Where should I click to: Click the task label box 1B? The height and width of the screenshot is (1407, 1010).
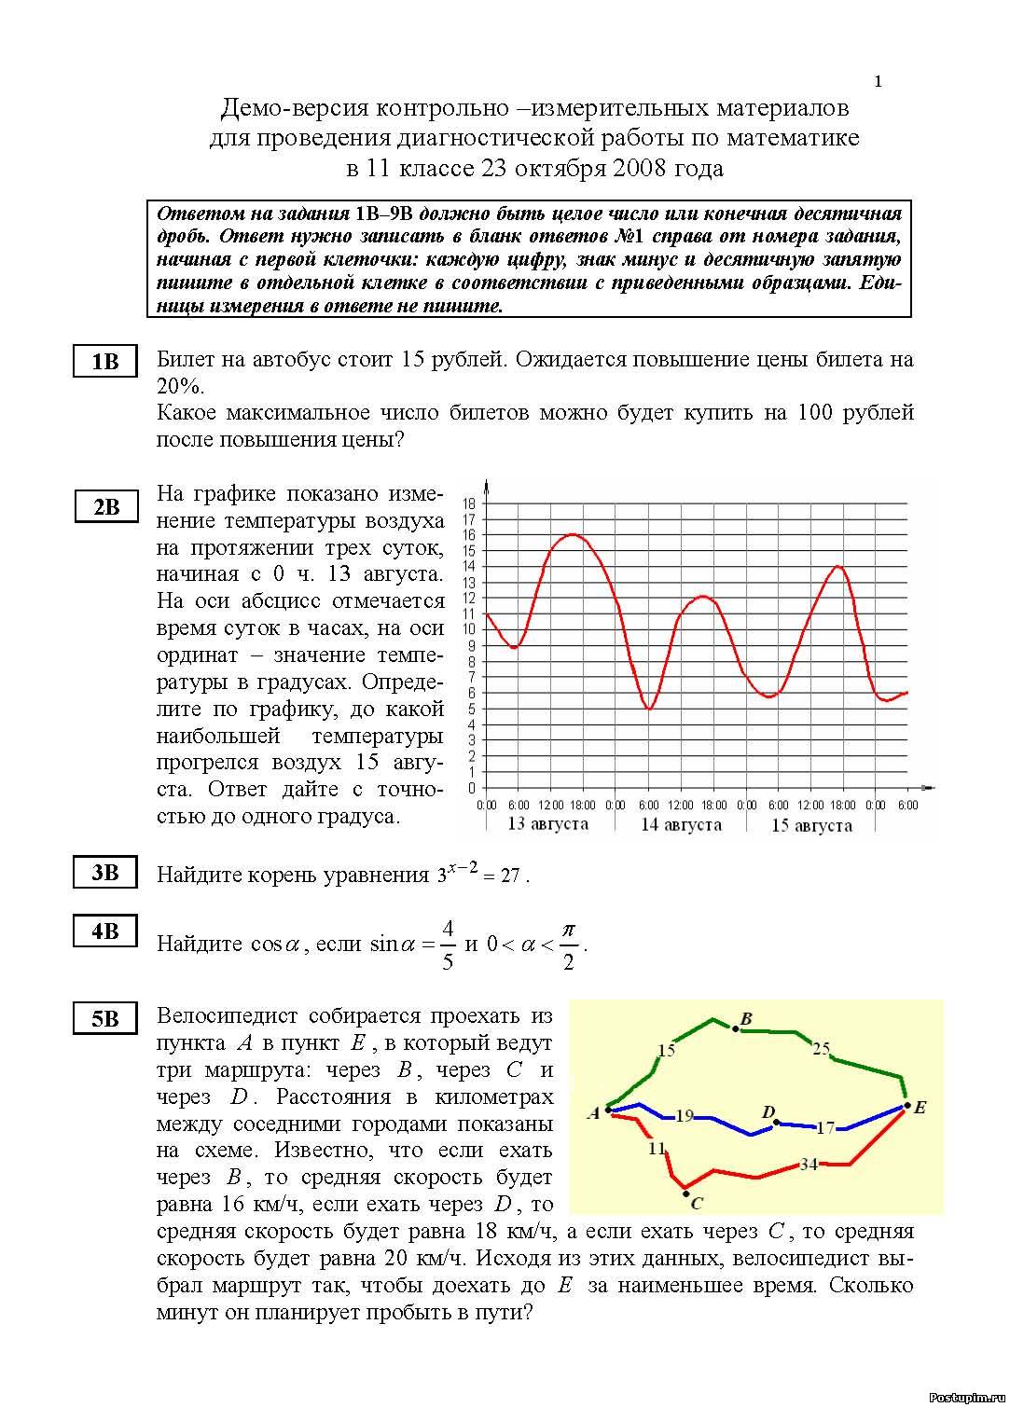(105, 362)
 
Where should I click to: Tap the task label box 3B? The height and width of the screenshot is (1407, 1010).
(105, 873)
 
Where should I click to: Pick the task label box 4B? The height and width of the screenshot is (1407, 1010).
(105, 931)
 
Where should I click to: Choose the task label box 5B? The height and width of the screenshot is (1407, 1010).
(105, 1020)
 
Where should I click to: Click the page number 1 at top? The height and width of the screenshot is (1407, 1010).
(878, 82)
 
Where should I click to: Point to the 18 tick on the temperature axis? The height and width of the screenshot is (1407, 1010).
(469, 503)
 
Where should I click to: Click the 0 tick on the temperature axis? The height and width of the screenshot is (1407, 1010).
(472, 788)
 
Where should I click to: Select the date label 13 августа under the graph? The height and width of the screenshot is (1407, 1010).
(547, 824)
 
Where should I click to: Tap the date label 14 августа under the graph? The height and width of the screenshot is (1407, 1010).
(681, 824)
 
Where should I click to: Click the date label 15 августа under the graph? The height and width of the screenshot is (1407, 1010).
(811, 825)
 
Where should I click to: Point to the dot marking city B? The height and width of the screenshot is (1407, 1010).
(736, 1028)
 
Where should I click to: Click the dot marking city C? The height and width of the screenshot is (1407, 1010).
(685, 1191)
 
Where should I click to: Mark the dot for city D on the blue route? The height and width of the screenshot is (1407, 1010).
(776, 1123)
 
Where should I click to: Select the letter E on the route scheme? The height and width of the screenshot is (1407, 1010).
(920, 1109)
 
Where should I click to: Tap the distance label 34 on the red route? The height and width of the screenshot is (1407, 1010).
(809, 1164)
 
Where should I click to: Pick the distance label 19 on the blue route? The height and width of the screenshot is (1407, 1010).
(685, 1115)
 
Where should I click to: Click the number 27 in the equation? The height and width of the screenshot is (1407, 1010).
(509, 876)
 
